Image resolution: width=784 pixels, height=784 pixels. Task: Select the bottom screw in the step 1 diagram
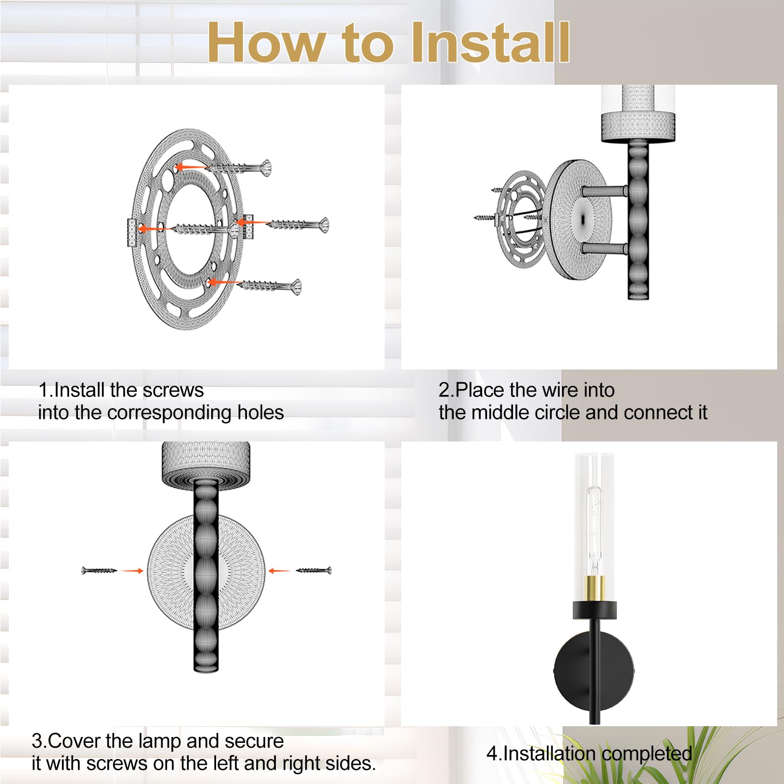coord(270,286)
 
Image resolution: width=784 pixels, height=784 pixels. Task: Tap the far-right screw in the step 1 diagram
coord(299,225)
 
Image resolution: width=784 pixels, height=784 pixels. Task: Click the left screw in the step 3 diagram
coord(99,570)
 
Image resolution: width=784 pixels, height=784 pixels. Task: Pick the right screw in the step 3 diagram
coord(314,570)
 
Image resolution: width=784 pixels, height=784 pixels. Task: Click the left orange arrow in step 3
coord(132,570)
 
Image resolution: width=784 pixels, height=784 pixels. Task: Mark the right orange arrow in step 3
coord(279,570)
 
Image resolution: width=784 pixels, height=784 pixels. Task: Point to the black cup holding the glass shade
coord(594,610)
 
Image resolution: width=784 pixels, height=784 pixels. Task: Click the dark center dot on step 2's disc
coord(583,220)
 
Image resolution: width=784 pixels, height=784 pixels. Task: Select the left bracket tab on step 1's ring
coord(131,232)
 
